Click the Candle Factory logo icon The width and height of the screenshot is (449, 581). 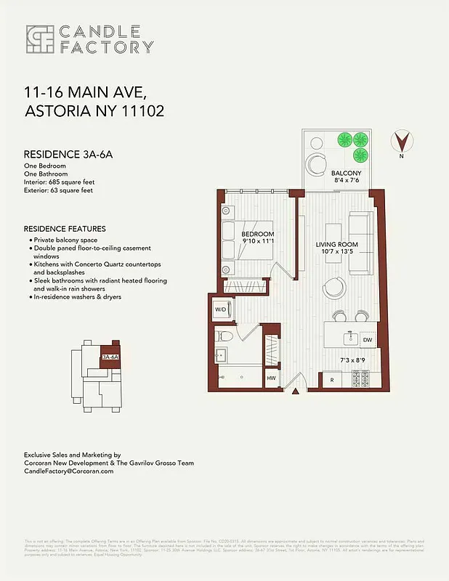[x=39, y=39]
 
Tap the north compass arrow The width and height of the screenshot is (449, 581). [x=400, y=140]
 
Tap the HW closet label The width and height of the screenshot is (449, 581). [x=272, y=378]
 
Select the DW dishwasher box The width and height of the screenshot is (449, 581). [x=366, y=339]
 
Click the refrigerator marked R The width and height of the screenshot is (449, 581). [x=331, y=380]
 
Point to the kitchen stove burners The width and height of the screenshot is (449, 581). [x=360, y=378]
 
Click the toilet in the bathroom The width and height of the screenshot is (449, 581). [x=226, y=336]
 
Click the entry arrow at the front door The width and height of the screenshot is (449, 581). [x=296, y=393]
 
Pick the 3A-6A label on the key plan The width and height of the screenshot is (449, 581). [x=110, y=357]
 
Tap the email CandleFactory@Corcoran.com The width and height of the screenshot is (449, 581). [x=69, y=471]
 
